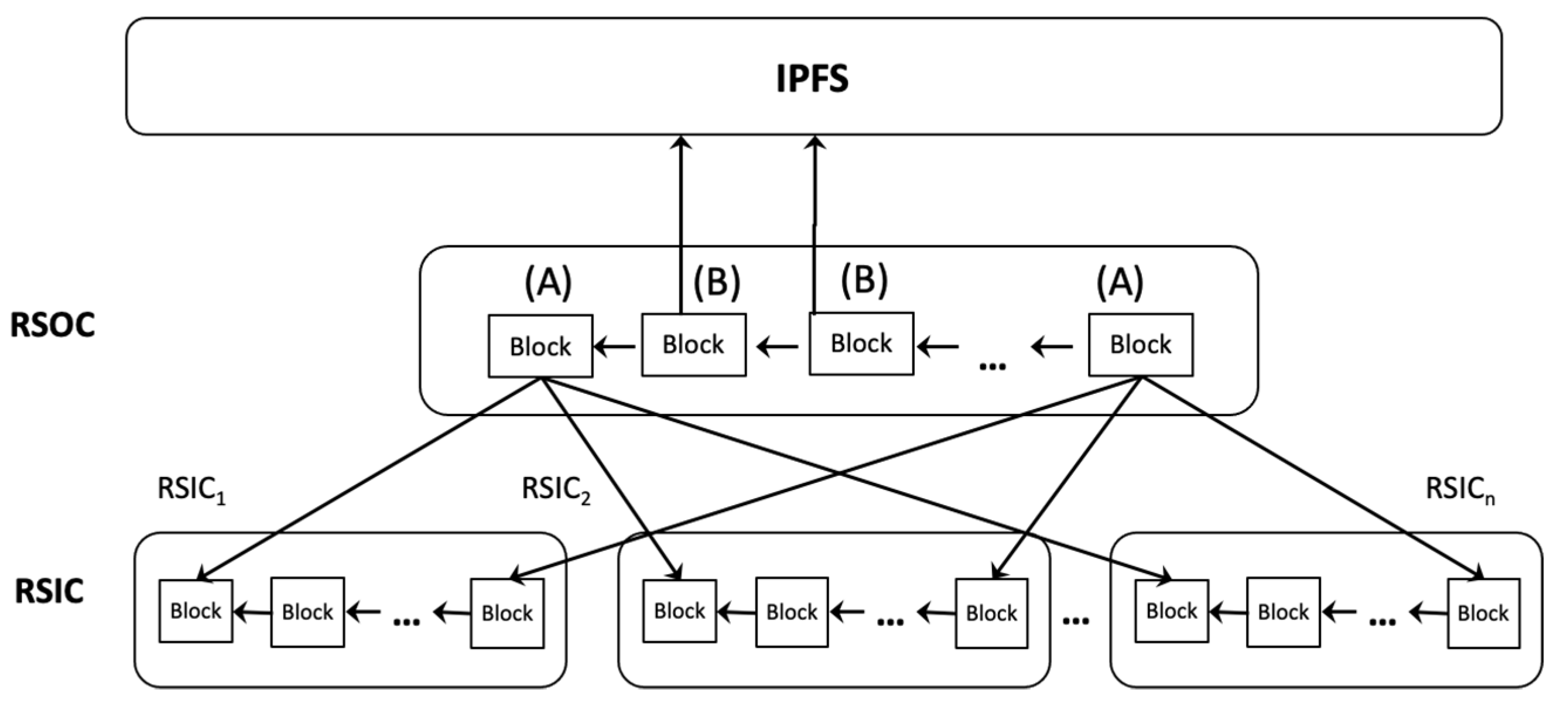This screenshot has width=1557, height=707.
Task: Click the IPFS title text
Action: pyautogui.click(x=812, y=78)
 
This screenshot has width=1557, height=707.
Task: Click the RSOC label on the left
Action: pyautogui.click(x=53, y=325)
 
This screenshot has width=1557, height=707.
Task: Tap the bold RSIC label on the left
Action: pyautogui.click(x=49, y=592)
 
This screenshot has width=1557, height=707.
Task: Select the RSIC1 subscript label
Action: pyautogui.click(x=191, y=489)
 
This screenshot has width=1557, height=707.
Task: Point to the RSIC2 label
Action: pyautogui.click(x=556, y=489)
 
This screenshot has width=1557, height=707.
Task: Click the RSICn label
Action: pyautogui.click(x=1460, y=489)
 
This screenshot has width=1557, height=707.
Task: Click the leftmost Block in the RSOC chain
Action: pyautogui.click(x=540, y=346)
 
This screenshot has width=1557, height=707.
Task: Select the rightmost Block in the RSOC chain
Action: pyautogui.click(x=1141, y=345)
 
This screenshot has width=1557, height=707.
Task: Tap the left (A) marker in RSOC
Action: pyautogui.click(x=547, y=282)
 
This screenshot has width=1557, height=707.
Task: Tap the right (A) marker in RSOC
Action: pyautogui.click(x=1120, y=282)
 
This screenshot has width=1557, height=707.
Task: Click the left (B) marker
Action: pyautogui.click(x=716, y=282)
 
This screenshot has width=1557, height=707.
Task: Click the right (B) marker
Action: pyautogui.click(x=864, y=280)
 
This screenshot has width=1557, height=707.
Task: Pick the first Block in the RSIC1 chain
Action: pyautogui.click(x=196, y=611)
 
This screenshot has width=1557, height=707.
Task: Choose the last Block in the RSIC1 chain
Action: pyautogui.click(x=507, y=613)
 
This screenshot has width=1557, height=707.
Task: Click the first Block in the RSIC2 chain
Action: pyautogui.click(x=679, y=611)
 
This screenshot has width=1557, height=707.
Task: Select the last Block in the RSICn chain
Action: pyautogui.click(x=1483, y=613)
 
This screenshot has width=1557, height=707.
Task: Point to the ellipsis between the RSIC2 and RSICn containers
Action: pyautogui.click(x=1075, y=620)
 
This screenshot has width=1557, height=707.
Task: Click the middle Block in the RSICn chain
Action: pyautogui.click(x=1282, y=612)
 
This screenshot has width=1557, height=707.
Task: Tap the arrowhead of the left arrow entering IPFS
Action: pyautogui.click(x=682, y=143)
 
